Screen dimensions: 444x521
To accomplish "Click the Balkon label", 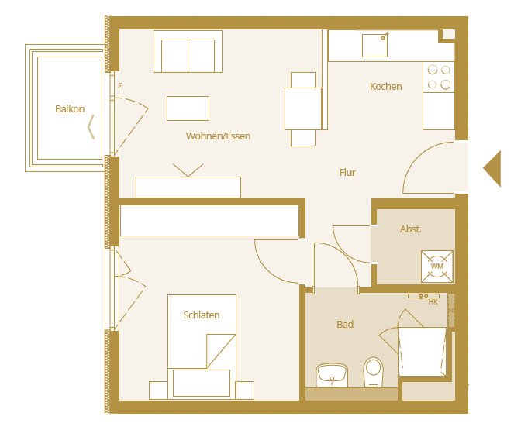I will coord(70,109).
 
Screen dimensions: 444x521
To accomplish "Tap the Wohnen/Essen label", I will coord(218,136).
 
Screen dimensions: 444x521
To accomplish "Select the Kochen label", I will coord(385,87).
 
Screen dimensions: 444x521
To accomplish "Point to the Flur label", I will coord(347,173).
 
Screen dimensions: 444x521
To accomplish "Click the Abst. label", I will coord(411,229).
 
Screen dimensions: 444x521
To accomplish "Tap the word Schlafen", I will coord(202,315).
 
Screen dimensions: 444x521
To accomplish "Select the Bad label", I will coord(345,325).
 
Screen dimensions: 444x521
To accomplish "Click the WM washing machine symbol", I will coord(436,266).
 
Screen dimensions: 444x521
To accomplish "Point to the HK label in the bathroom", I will coord(433,302).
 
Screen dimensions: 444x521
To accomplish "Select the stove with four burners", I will coord(439,77).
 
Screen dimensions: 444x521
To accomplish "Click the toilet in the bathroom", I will coord(374,372).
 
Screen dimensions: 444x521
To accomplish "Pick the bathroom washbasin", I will coord(334,375).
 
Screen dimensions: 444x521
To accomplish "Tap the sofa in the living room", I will coord(188,51).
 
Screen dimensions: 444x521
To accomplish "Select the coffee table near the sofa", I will coord(188,108).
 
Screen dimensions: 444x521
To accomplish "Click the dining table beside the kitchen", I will coord(303,108).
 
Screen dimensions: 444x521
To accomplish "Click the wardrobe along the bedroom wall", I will coord(209,221).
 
